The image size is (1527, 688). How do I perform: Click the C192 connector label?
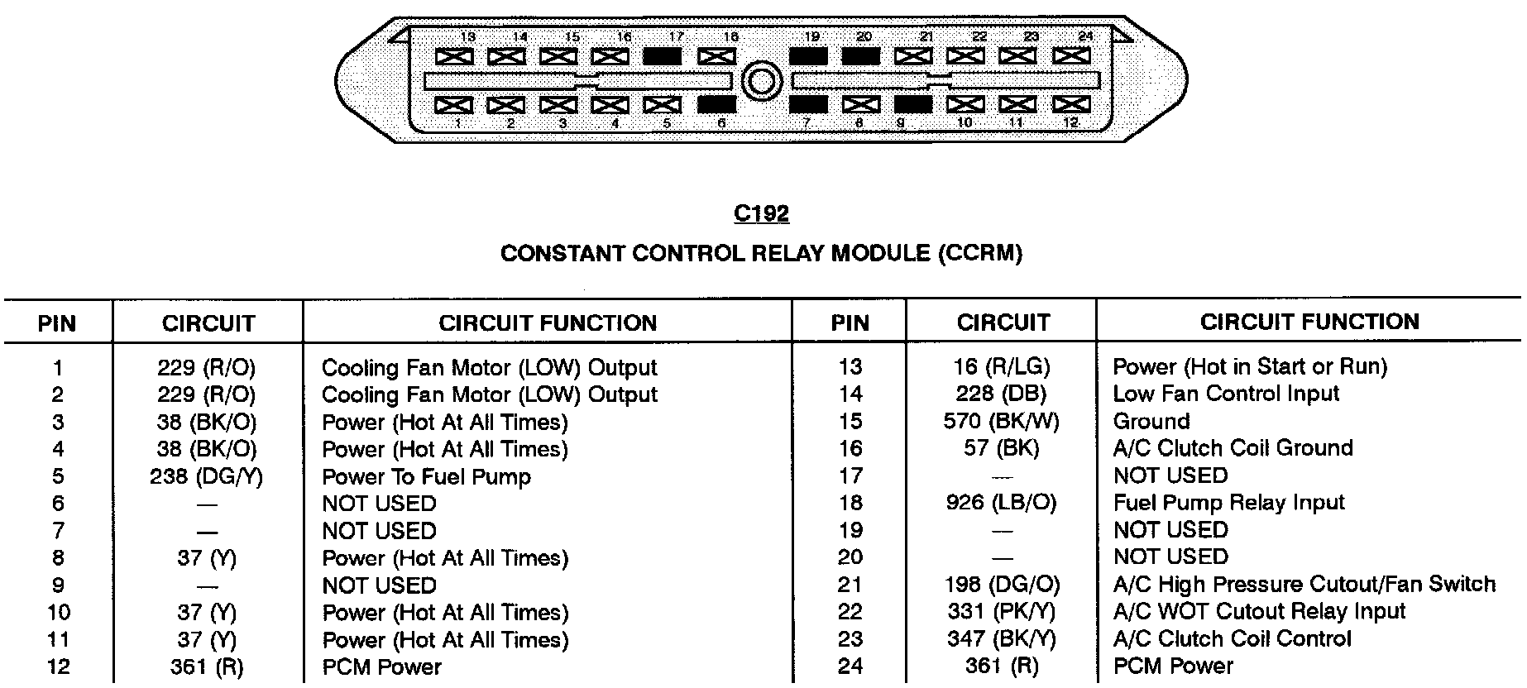pyautogui.click(x=761, y=214)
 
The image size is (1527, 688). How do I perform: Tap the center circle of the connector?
pyautogui.click(x=761, y=81)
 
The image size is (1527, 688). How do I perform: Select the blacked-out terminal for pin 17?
pyautogui.click(x=662, y=56)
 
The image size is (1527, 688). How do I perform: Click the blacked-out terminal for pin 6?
pyautogui.click(x=716, y=105)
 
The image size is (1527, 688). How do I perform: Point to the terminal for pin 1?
pyautogui.click(x=453, y=105)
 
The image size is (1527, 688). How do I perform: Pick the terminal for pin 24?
pyautogui.click(x=1070, y=56)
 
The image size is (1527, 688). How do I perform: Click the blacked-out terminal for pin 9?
pyautogui.click(x=913, y=105)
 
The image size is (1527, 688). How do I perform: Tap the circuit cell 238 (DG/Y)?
pyautogui.click(x=207, y=476)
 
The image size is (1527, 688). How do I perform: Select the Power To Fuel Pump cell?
pyautogui.click(x=426, y=477)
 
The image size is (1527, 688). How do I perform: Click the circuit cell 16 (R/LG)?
pyautogui.click(x=1002, y=366)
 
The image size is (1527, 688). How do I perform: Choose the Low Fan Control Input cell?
pyautogui.click(x=1226, y=394)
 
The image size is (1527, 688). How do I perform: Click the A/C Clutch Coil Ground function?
pyautogui.click(x=1233, y=448)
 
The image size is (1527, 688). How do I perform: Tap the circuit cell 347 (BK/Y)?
pyautogui.click(x=1002, y=639)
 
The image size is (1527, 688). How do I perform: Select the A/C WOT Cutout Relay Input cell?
pyautogui.click(x=1259, y=612)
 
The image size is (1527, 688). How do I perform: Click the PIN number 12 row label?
pyautogui.click(x=58, y=666)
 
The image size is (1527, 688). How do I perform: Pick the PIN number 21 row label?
pyautogui.click(x=850, y=585)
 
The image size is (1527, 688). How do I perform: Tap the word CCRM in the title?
pyautogui.click(x=979, y=253)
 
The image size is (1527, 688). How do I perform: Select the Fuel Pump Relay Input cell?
pyautogui.click(x=1228, y=503)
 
